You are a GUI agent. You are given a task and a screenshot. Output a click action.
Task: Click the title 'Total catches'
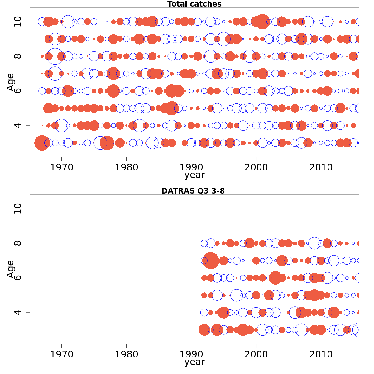point(194,4)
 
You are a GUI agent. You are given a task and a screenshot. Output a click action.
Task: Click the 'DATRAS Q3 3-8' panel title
point(193,191)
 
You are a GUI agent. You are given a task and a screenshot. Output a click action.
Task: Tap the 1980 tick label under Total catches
point(126,167)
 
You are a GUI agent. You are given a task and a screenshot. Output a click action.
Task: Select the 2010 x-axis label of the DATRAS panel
point(321,354)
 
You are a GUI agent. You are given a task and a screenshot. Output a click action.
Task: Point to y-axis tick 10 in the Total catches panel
point(18,22)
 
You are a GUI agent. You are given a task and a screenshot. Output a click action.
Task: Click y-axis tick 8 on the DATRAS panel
point(18,243)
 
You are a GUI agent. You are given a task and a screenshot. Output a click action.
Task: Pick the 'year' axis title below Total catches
point(194,175)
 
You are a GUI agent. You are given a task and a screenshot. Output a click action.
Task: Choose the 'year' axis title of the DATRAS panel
point(194,362)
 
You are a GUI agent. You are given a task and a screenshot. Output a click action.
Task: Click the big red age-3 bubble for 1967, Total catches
point(42,143)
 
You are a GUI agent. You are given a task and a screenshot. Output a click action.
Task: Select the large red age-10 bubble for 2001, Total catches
point(262,22)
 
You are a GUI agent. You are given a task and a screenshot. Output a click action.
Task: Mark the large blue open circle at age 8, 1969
point(55,56)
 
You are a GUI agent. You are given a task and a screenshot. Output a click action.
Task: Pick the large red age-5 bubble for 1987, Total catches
point(172,108)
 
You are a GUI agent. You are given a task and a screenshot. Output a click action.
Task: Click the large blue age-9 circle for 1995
point(223,39)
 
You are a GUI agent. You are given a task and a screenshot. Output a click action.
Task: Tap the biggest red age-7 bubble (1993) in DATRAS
point(211,261)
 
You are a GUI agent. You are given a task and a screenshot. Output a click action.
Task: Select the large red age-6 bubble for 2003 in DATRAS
point(276,278)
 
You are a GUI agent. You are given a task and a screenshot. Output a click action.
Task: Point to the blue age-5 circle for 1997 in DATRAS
point(237,295)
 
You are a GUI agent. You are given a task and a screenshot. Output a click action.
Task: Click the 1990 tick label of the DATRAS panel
point(191,354)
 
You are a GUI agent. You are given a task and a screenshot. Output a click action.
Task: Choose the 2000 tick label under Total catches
point(256,167)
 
